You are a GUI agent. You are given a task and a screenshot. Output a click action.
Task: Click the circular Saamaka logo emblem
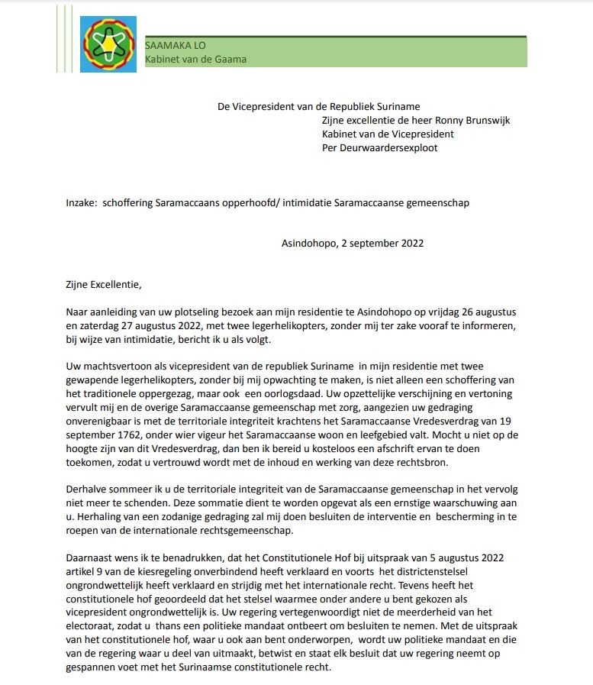108,44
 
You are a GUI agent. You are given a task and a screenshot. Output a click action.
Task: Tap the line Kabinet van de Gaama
195,60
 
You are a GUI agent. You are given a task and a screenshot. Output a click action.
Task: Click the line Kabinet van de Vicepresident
388,134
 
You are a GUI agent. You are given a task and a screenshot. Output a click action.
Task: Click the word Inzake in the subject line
81,203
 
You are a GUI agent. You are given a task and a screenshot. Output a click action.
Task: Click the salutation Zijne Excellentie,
104,285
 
